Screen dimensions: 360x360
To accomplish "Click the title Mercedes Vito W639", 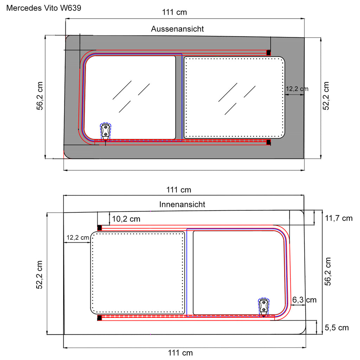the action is [44, 8].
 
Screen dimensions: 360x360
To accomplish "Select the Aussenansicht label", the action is [177, 29].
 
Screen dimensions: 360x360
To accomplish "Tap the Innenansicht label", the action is [182, 204].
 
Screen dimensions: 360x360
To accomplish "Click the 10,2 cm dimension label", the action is [126, 219].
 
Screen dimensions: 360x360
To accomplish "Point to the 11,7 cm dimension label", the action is [339, 218].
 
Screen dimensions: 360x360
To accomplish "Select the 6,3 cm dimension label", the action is [304, 300].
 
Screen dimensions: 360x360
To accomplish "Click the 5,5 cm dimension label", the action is [336, 328].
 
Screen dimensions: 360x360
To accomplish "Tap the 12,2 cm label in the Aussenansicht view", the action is [297, 89].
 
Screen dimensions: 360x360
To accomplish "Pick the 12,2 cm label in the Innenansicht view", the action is [78, 238].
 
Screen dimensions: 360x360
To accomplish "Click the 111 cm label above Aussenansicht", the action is [174, 12].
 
